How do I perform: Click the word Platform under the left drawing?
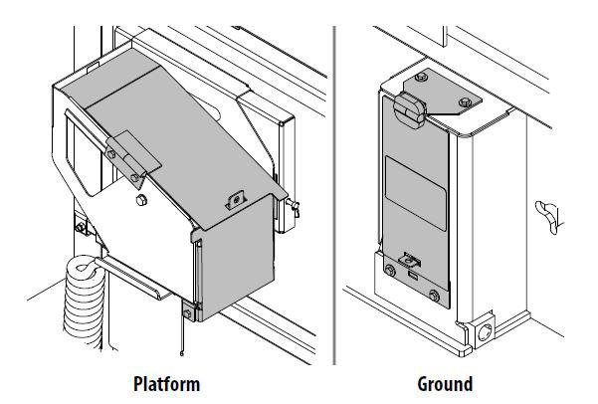(167, 383)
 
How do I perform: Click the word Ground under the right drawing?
(444, 383)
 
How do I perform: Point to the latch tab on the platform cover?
(236, 200)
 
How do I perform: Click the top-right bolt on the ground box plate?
(465, 101)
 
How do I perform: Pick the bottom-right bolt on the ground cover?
(434, 296)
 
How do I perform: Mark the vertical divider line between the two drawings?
(334, 199)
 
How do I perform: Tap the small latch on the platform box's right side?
(294, 209)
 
